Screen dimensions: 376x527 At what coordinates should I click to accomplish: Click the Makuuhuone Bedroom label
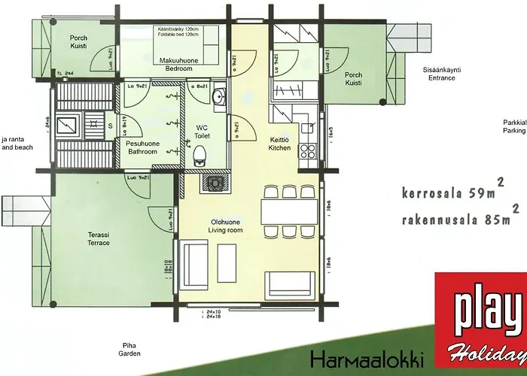(x=178, y=64)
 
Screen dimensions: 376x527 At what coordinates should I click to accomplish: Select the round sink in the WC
(x=218, y=97)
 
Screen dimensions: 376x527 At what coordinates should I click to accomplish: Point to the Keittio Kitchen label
(x=279, y=144)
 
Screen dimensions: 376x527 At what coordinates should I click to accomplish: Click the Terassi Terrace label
(x=99, y=239)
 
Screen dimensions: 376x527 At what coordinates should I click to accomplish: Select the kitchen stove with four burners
(x=309, y=150)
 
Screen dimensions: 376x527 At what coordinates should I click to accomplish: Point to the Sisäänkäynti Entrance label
(x=440, y=73)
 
